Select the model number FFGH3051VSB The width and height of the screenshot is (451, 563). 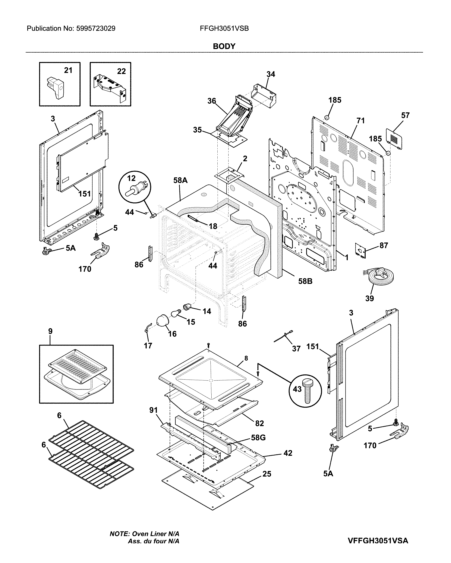pyautogui.click(x=224, y=29)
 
